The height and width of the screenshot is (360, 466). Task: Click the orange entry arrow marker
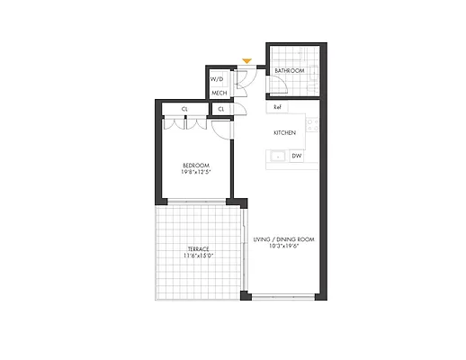(x=246, y=61)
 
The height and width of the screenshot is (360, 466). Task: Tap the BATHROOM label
(x=289, y=71)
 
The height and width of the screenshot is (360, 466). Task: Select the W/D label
(x=217, y=78)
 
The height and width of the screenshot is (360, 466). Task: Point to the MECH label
(x=218, y=93)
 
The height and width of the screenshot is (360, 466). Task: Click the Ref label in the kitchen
(x=278, y=108)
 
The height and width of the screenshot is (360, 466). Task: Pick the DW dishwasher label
(x=296, y=156)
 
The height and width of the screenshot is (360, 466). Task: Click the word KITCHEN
(x=285, y=132)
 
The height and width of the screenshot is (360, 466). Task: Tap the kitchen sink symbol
(x=277, y=156)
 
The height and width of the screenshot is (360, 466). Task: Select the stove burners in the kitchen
(x=312, y=125)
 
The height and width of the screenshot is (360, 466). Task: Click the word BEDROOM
(x=195, y=165)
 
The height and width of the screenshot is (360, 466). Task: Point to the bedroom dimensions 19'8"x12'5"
(x=195, y=173)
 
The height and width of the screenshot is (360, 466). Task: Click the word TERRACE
(x=198, y=248)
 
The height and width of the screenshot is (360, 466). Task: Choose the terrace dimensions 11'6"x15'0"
(x=198, y=256)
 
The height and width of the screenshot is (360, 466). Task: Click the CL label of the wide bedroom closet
(x=184, y=109)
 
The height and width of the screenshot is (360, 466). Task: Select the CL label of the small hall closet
(x=220, y=109)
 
